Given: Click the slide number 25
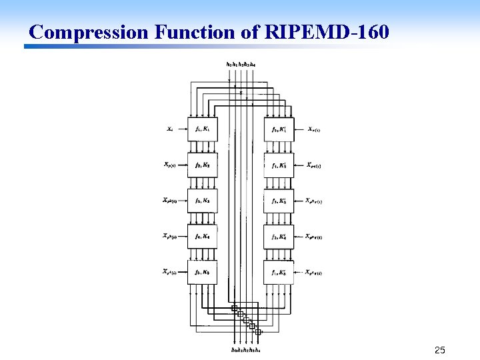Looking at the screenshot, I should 439,350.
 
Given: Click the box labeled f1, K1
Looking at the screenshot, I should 202,129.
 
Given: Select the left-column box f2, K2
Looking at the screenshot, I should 202,165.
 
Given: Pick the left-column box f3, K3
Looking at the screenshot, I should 202,201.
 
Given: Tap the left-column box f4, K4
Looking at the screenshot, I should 202,236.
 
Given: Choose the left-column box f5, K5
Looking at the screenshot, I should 202,272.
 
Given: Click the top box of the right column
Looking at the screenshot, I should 279,129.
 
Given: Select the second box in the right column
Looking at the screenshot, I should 279,165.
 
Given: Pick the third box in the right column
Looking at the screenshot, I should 279,201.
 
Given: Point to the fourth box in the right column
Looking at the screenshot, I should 279,236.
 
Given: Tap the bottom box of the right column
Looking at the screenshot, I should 279,272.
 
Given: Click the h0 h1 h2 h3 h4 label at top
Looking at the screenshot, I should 241,64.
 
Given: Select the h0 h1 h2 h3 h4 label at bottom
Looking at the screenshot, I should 245,349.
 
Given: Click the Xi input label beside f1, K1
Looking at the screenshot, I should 171,129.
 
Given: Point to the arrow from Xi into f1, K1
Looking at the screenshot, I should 182,129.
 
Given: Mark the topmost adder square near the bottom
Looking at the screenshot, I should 234,308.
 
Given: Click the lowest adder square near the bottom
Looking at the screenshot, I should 258,331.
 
